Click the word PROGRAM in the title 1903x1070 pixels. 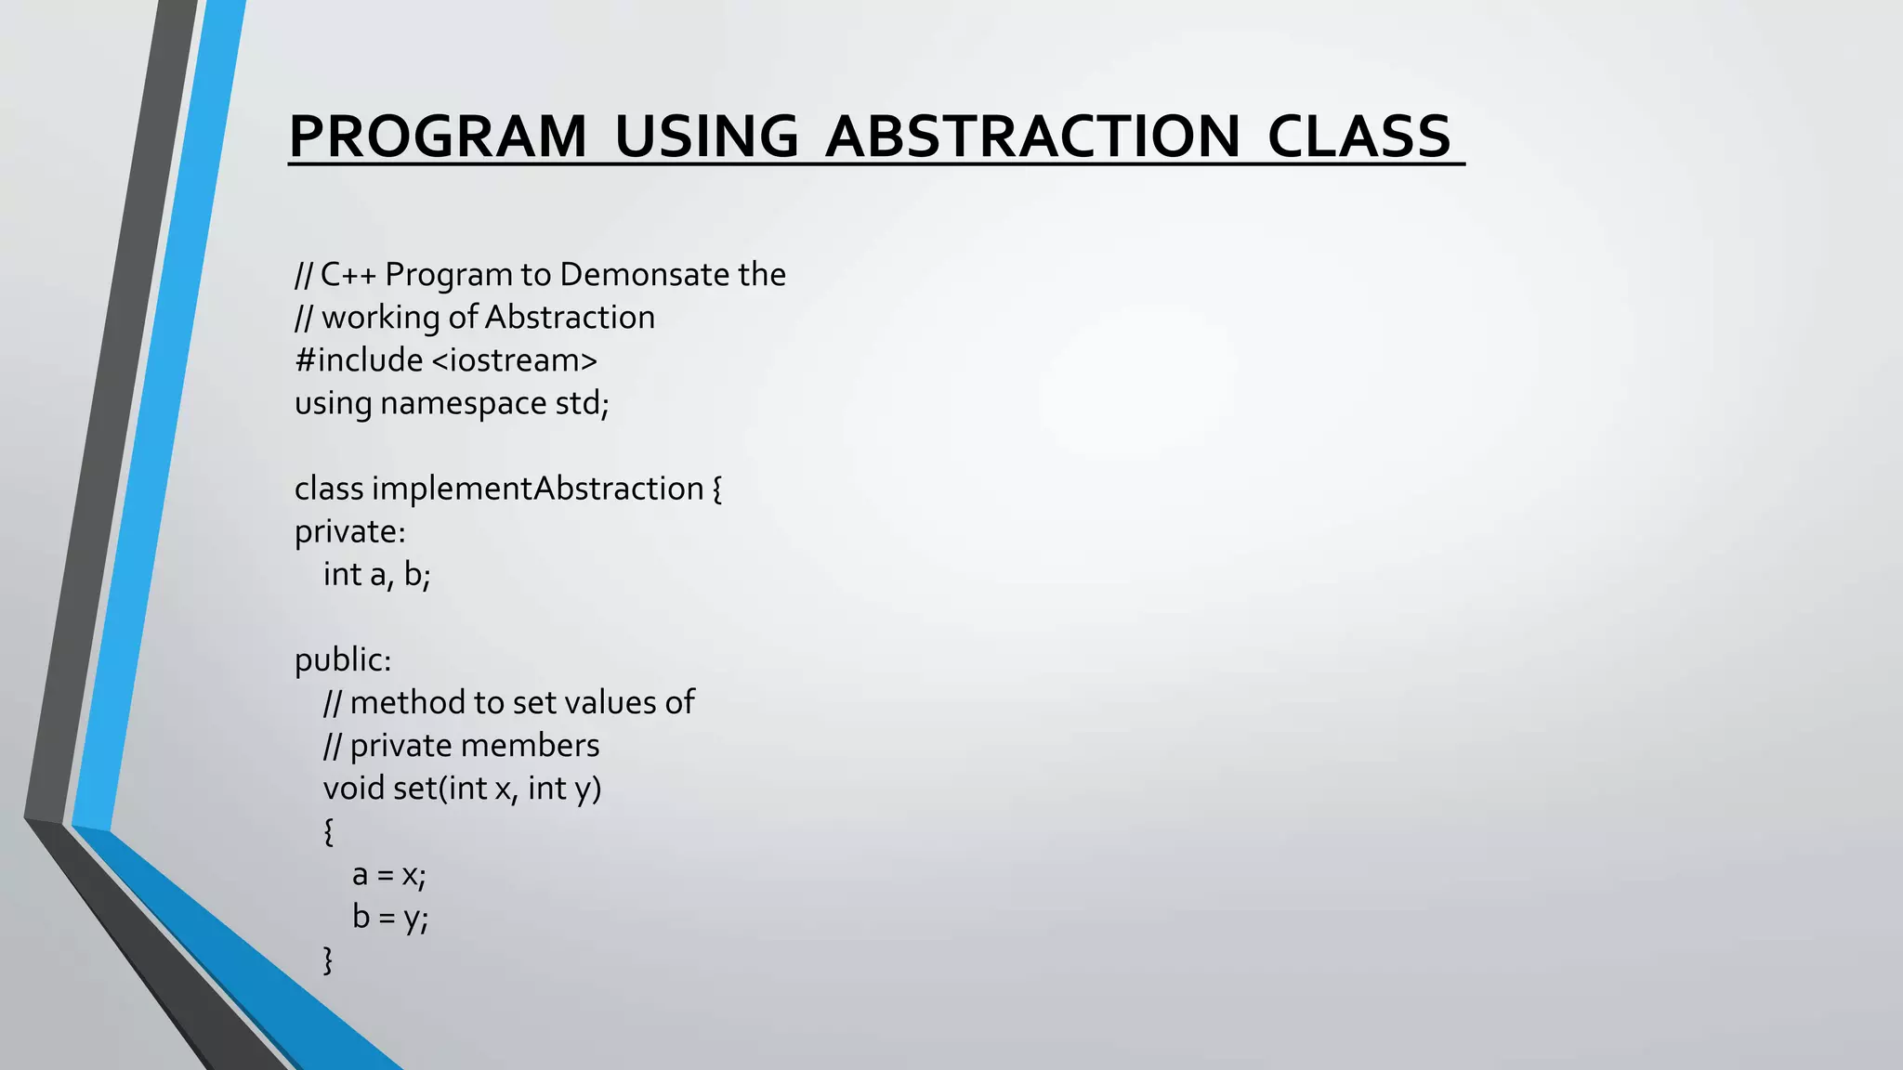(438, 137)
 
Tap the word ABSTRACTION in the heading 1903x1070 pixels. (1032, 137)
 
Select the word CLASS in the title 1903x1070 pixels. (1358, 137)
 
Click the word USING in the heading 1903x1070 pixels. (706, 137)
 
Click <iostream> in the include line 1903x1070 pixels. (515, 360)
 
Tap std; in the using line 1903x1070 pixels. (582, 404)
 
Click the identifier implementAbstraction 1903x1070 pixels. (538, 489)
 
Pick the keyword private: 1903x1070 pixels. (349, 532)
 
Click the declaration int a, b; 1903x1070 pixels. (376, 575)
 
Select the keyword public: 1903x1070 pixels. (343, 660)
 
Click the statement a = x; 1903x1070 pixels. (388, 875)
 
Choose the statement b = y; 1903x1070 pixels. (389, 918)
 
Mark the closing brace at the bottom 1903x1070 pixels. (328, 959)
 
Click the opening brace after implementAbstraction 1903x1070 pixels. (717, 489)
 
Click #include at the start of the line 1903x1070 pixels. (359, 360)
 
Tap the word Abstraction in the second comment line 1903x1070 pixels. (570, 318)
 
